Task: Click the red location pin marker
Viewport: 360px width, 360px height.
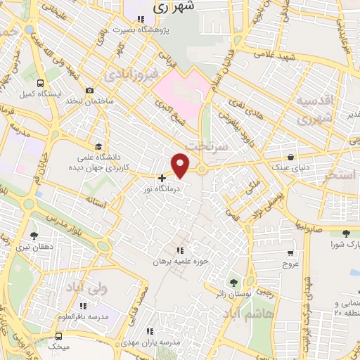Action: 181,165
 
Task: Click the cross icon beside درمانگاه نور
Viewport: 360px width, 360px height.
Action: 162,179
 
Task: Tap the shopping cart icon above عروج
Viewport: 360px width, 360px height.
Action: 290,252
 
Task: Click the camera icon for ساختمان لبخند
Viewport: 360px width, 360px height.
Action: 90,90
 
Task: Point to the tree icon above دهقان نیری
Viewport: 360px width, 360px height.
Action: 34,236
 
